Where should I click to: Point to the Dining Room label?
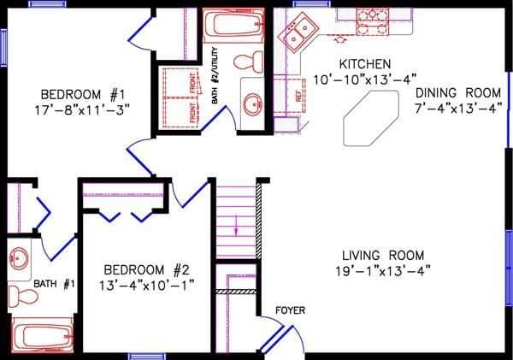tap(457, 92)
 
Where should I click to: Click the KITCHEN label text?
tap(365, 64)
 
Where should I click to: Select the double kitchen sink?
tap(298, 35)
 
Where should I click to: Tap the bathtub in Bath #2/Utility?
tap(233, 23)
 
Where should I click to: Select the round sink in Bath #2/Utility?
tap(252, 104)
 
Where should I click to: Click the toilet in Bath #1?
tap(23, 297)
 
